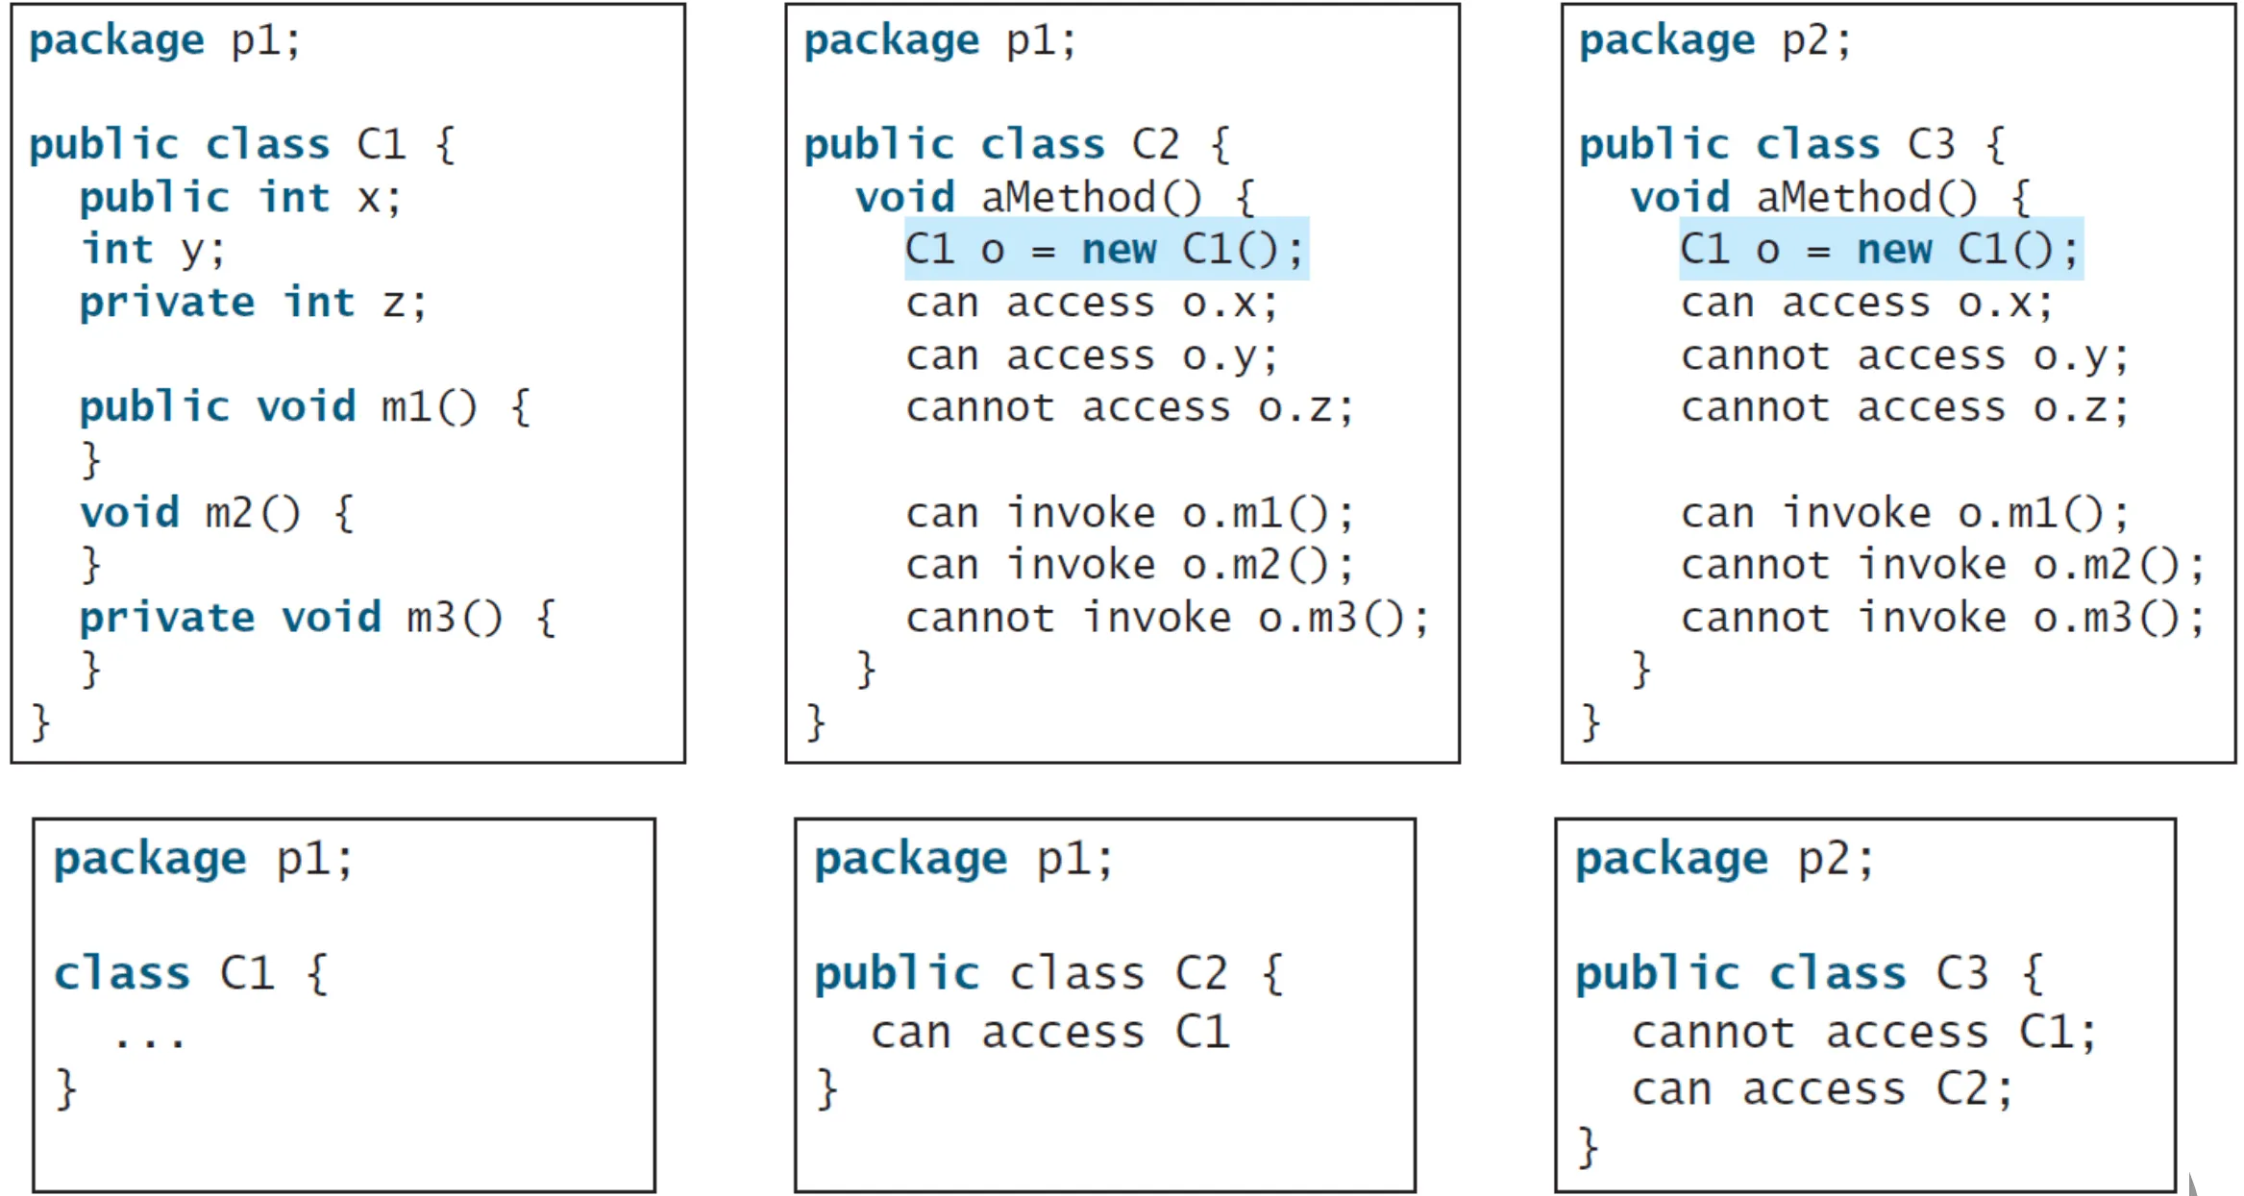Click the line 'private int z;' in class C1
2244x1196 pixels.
click(253, 304)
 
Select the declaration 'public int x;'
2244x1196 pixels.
click(240, 199)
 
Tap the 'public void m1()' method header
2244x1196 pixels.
click(304, 407)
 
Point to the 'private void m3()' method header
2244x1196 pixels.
click(317, 618)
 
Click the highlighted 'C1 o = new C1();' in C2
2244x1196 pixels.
click(1105, 250)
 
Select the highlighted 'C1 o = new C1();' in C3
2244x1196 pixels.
click(1880, 250)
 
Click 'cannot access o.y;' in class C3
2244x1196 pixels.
click(1905, 356)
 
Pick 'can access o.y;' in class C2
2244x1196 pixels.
click(1092, 356)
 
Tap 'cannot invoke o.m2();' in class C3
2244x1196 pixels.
click(1943, 565)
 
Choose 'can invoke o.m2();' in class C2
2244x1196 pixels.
click(1130, 565)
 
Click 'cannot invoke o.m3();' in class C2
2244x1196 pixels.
click(1168, 618)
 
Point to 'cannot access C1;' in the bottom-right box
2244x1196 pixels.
click(1864, 1033)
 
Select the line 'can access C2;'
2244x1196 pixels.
click(1822, 1089)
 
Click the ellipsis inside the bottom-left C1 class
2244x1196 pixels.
click(149, 1040)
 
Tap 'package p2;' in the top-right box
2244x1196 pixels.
click(1714, 41)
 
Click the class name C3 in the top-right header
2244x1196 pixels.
click(1931, 145)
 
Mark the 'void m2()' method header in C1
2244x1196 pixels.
click(216, 513)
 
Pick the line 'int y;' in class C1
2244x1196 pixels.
click(154, 251)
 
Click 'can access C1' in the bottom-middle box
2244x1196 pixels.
click(1050, 1033)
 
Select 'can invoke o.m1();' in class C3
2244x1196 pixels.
click(1905, 513)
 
